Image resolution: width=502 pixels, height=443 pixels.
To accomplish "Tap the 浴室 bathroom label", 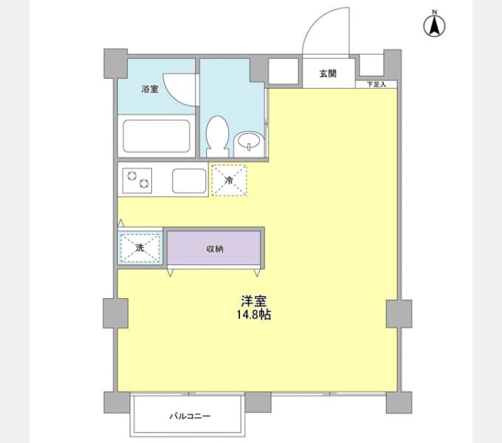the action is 150,89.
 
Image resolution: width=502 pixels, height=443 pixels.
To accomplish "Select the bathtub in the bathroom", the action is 157,136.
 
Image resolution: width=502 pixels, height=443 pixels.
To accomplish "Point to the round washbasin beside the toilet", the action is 249,145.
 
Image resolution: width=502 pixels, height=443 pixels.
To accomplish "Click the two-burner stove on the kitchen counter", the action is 137,181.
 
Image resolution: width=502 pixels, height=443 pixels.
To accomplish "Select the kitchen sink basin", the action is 189,181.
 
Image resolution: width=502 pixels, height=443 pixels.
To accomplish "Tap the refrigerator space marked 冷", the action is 230,180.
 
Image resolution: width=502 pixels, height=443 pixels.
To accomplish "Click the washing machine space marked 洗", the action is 140,248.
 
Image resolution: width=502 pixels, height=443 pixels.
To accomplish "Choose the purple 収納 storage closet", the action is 214,248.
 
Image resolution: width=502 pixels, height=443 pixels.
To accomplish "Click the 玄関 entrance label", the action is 329,74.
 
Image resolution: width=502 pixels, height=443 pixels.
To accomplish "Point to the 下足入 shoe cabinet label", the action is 376,84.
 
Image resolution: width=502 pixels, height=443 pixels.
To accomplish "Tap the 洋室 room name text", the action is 254,301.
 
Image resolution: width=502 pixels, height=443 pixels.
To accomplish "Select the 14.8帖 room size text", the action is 254,315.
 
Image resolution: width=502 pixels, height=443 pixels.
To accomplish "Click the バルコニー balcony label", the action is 190,416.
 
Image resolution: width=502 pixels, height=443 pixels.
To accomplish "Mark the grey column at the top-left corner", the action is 115,63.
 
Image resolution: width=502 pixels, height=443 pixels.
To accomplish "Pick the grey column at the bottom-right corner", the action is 399,402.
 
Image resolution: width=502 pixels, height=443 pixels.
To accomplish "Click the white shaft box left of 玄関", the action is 283,71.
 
